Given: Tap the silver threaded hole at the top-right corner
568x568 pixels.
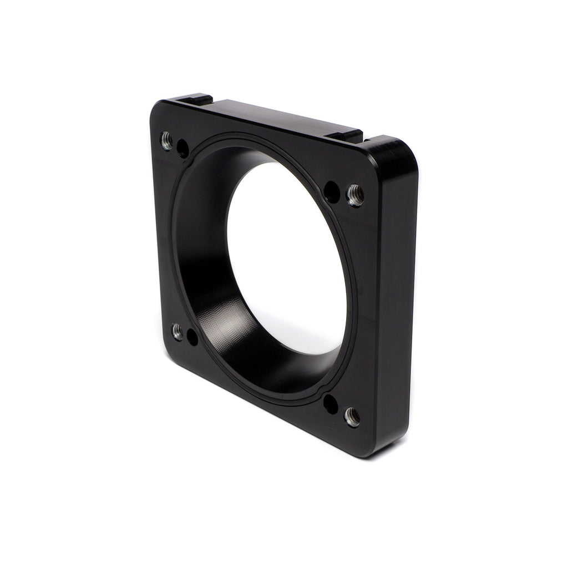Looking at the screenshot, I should click(355, 195).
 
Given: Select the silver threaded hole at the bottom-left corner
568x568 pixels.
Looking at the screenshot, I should click(177, 331).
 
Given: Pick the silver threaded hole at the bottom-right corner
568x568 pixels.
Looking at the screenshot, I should click(352, 417).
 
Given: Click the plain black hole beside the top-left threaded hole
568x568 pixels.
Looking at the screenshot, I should click(182, 148).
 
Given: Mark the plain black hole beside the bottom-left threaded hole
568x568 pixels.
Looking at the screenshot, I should click(192, 337).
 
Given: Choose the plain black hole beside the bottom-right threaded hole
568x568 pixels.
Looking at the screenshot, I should click(331, 404).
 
